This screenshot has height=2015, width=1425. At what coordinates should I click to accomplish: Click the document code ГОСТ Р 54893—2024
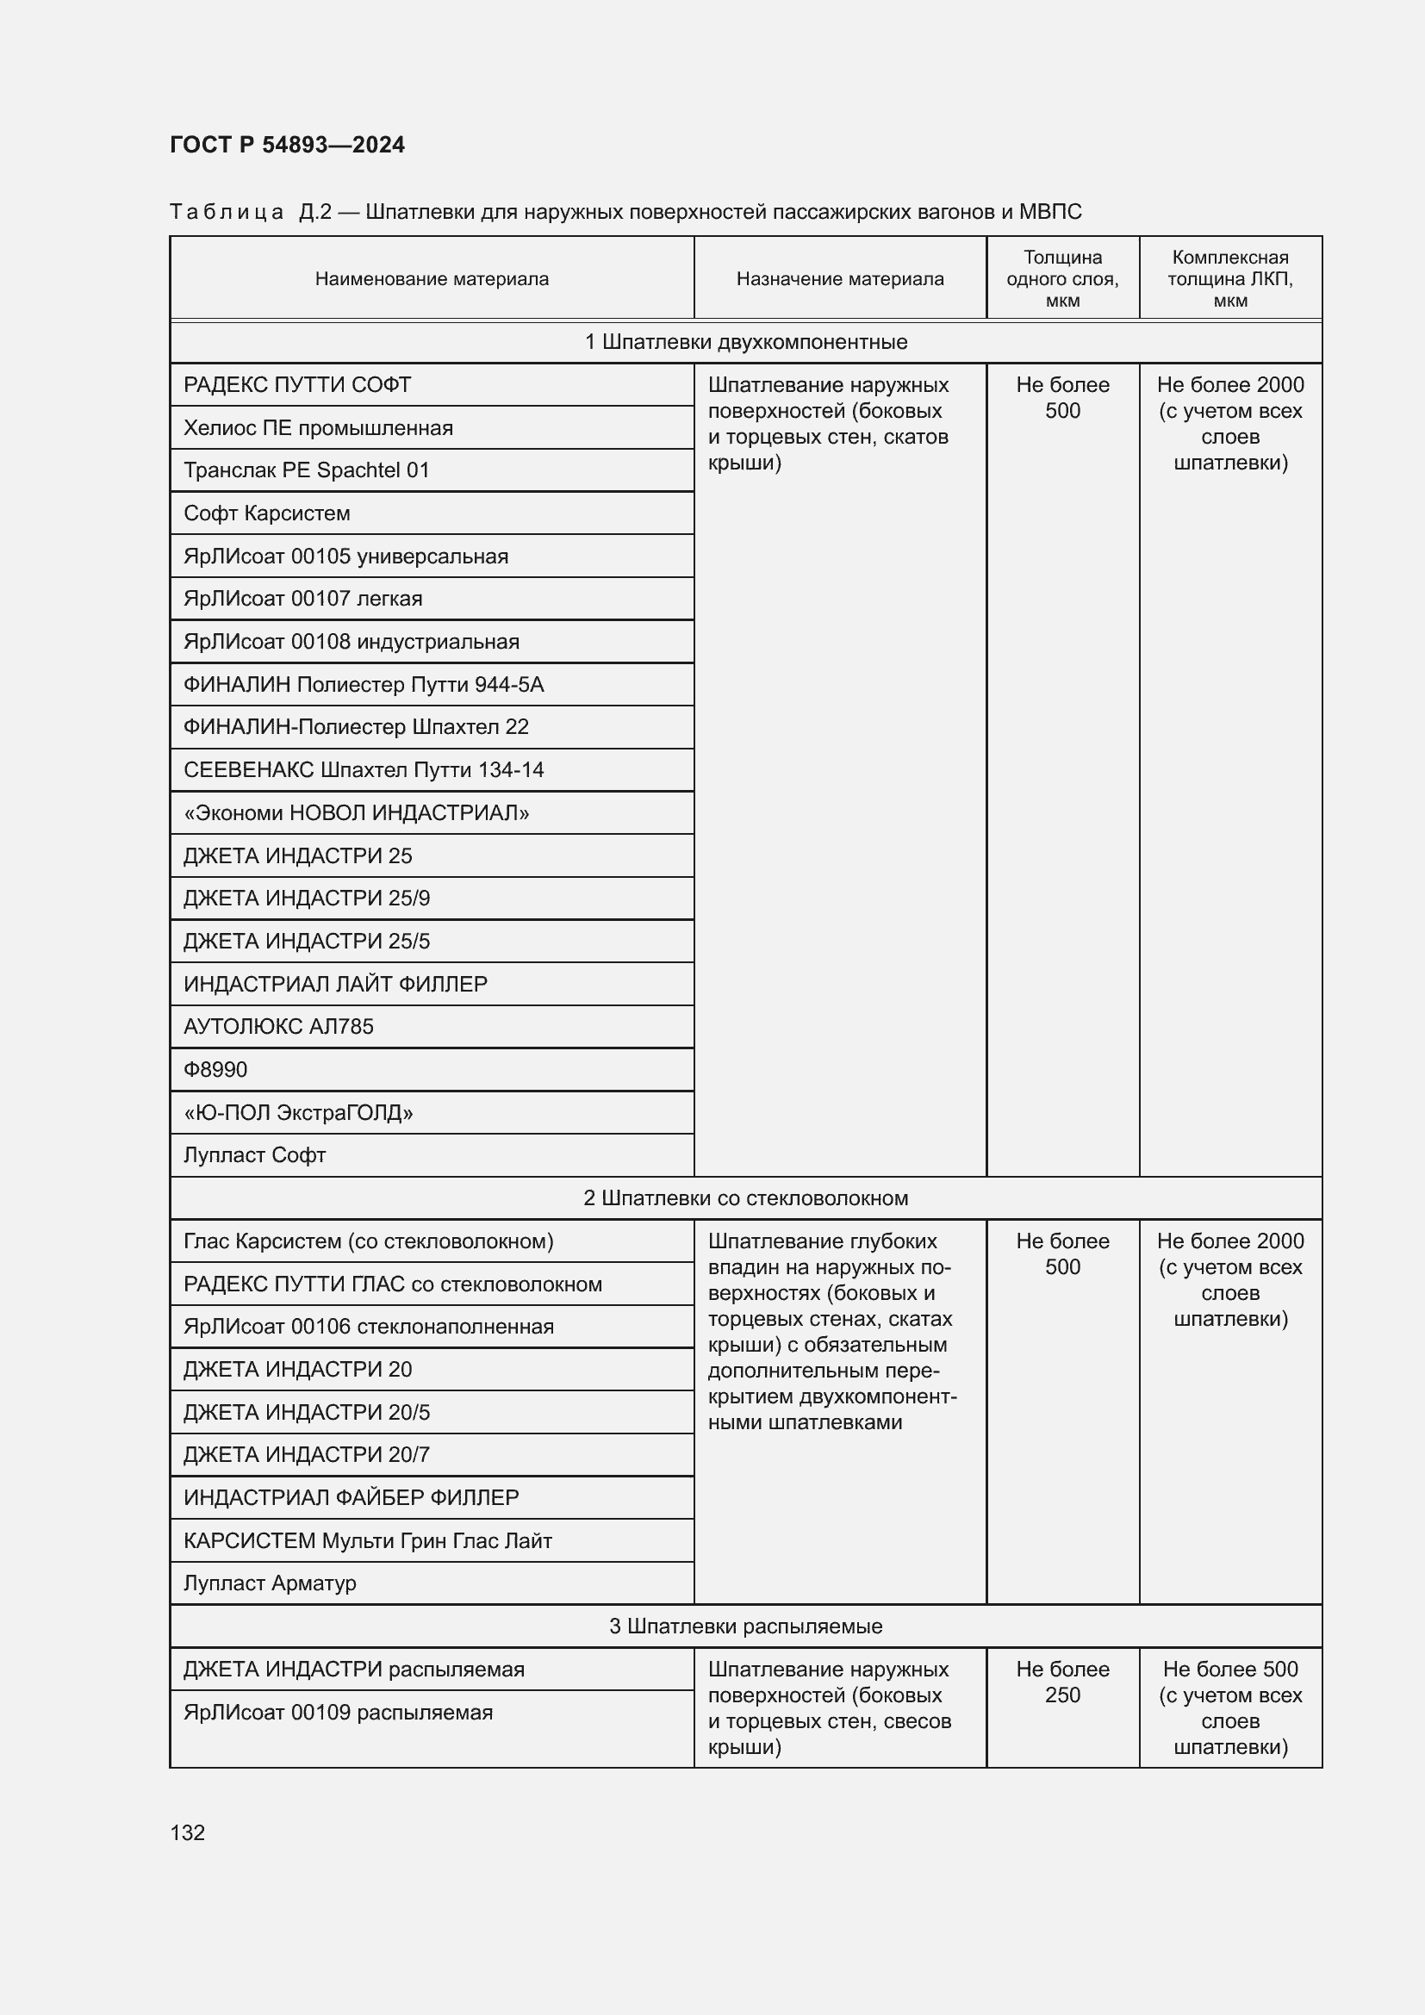click(287, 145)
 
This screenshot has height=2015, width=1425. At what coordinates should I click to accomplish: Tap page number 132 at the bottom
click(187, 1832)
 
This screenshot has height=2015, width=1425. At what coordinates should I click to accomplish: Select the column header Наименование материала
click(432, 279)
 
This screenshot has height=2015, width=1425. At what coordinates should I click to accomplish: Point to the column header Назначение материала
click(840, 279)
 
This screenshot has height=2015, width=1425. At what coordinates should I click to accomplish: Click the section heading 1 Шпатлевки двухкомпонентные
click(746, 342)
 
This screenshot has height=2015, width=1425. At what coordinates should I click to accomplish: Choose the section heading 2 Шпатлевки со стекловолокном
click(746, 1198)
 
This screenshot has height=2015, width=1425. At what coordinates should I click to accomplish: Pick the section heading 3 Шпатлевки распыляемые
click(746, 1626)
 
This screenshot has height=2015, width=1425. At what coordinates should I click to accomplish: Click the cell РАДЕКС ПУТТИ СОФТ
click(297, 385)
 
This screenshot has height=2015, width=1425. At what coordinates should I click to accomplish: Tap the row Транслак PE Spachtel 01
click(306, 470)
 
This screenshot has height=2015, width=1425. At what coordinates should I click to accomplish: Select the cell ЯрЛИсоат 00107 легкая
click(302, 599)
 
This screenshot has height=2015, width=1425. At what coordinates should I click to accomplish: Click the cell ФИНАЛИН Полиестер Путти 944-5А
click(364, 685)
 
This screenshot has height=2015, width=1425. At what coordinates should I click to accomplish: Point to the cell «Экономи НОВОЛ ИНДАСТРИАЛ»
click(357, 812)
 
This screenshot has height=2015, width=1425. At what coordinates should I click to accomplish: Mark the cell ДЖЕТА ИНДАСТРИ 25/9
click(306, 899)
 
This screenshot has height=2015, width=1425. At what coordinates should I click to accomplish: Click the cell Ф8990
click(216, 1070)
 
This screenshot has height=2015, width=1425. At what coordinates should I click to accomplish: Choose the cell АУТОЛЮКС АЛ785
click(278, 1027)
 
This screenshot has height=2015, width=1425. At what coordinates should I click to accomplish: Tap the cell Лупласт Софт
click(254, 1156)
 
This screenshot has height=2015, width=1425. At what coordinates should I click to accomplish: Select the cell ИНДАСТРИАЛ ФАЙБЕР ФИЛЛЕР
click(351, 1498)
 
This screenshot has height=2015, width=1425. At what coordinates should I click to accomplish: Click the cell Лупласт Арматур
click(270, 1583)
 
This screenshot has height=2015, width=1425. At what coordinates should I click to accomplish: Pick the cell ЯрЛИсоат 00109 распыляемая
click(338, 1713)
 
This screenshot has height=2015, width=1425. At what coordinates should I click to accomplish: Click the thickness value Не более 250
click(1061, 1682)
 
